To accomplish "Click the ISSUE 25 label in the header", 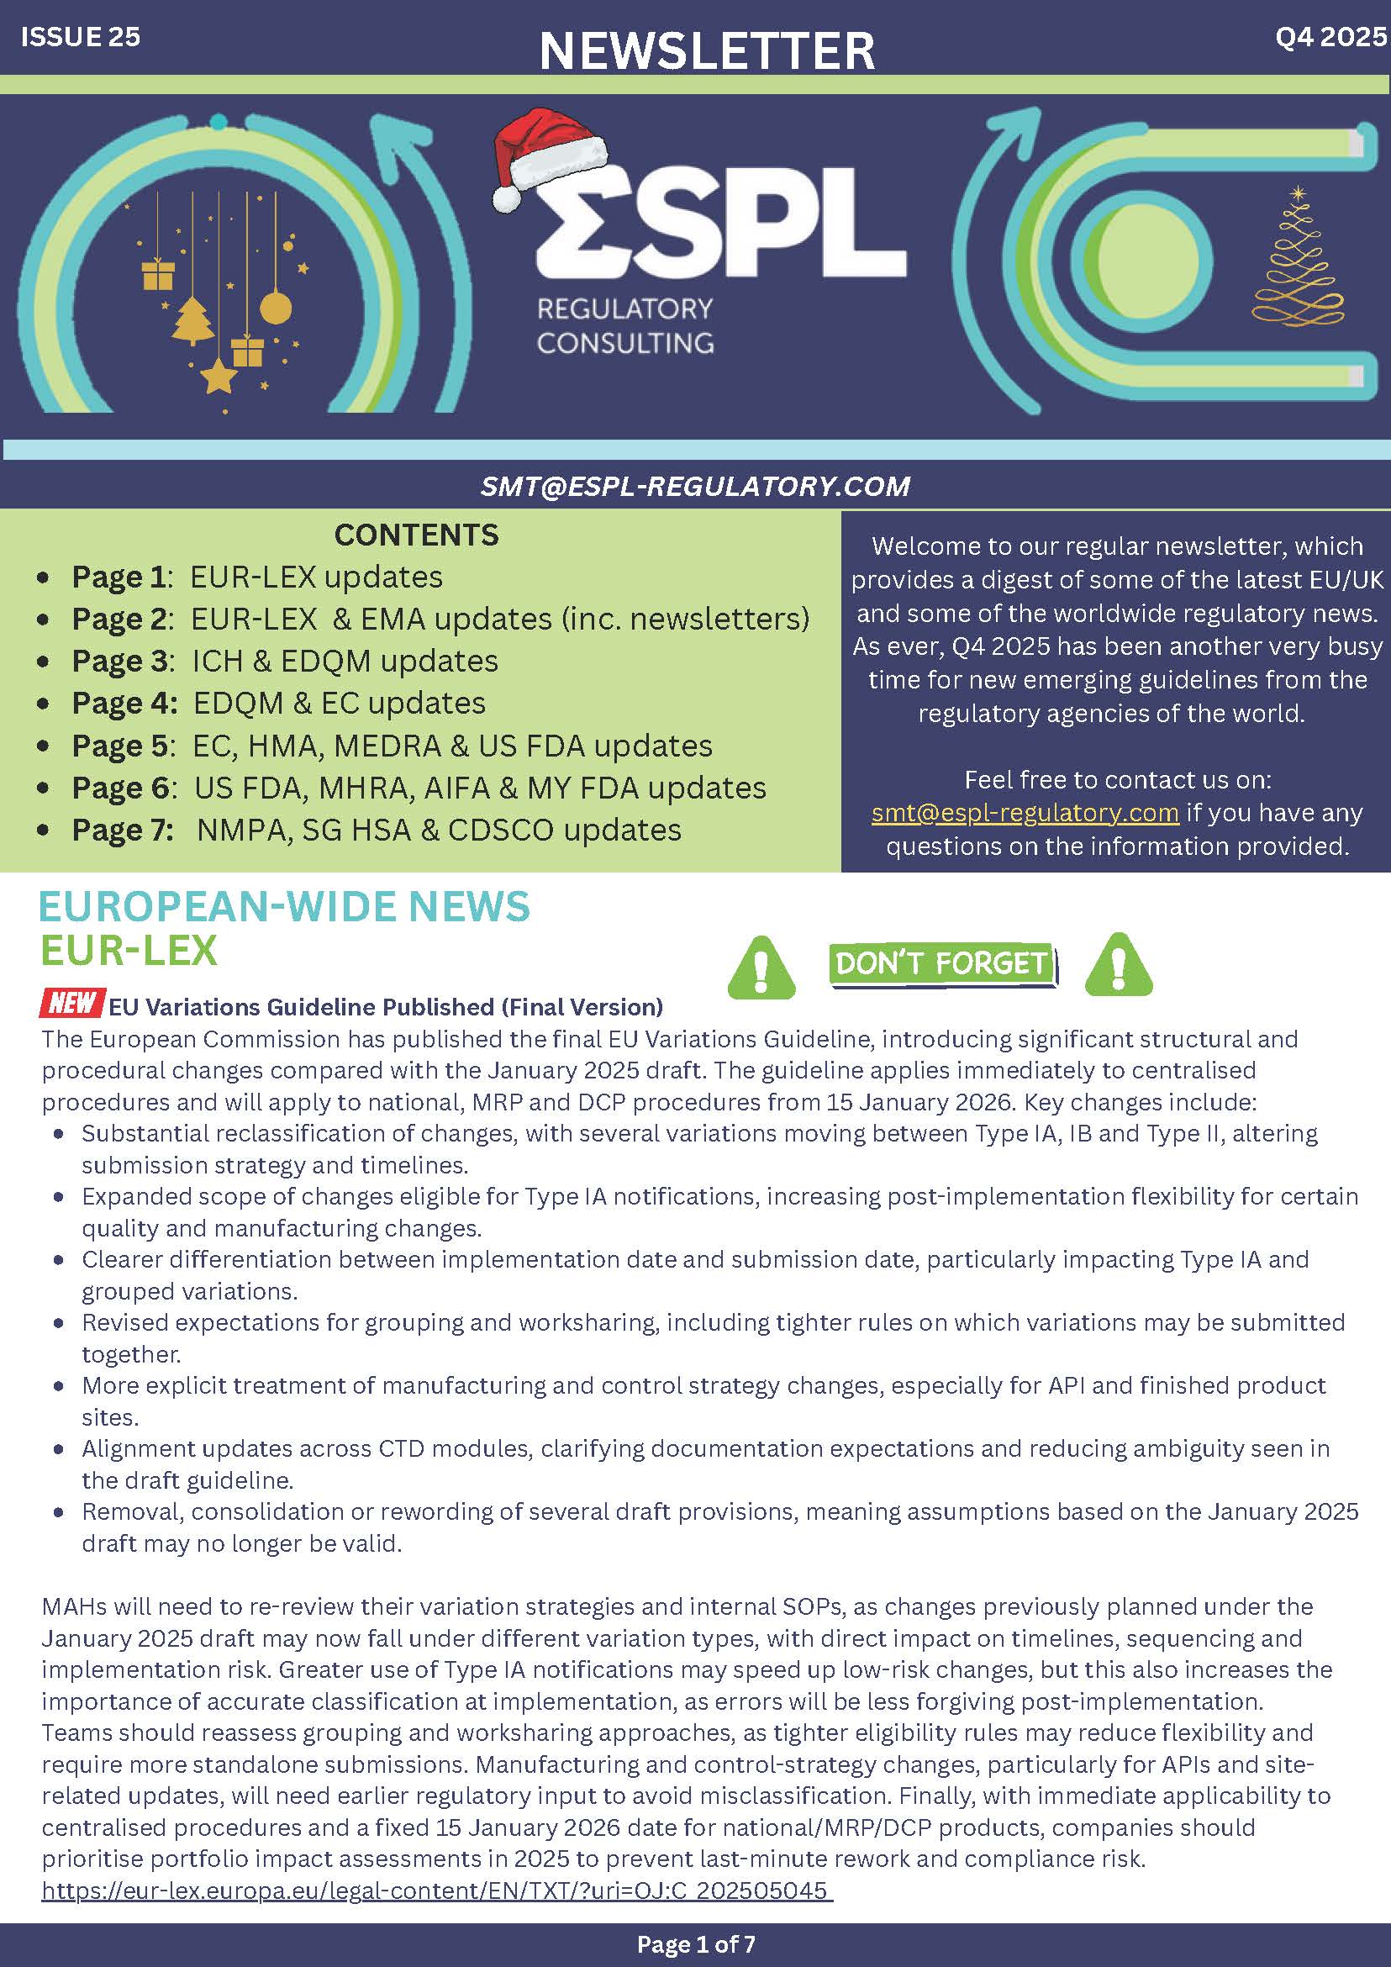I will point(81,37).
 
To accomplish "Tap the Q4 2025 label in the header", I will point(1330,37).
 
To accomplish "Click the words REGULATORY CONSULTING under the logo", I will point(625,325).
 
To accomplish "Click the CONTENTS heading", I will point(416,535).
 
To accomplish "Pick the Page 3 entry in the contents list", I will point(284,661).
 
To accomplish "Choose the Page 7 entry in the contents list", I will point(376,830).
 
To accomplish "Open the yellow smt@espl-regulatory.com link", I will point(1025,812).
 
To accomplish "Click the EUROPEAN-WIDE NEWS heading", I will point(284,906).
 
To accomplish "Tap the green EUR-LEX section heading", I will point(129,950).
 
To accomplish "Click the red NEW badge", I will point(72,1002).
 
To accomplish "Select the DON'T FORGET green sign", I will point(942,964).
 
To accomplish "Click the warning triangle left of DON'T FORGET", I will point(761,969).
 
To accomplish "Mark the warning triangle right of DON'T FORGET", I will point(1118,966).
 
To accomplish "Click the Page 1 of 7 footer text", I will point(696,1943).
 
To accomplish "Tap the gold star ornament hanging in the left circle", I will point(219,375).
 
